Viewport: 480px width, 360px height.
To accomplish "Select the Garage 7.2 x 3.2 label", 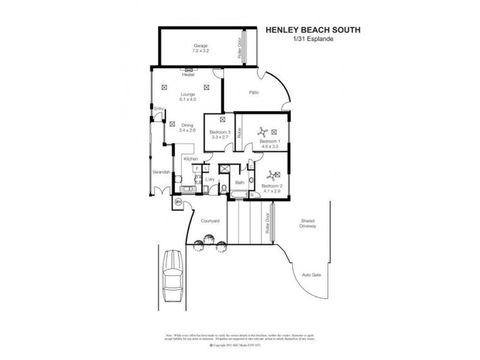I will tap(199, 49).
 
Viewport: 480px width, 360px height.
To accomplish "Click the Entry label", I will tap(158, 109).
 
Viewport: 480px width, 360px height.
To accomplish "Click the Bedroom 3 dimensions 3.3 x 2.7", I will tap(220, 137).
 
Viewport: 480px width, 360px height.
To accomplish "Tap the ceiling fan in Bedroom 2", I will tap(271, 175).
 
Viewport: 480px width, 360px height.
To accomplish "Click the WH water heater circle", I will tap(178, 202).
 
